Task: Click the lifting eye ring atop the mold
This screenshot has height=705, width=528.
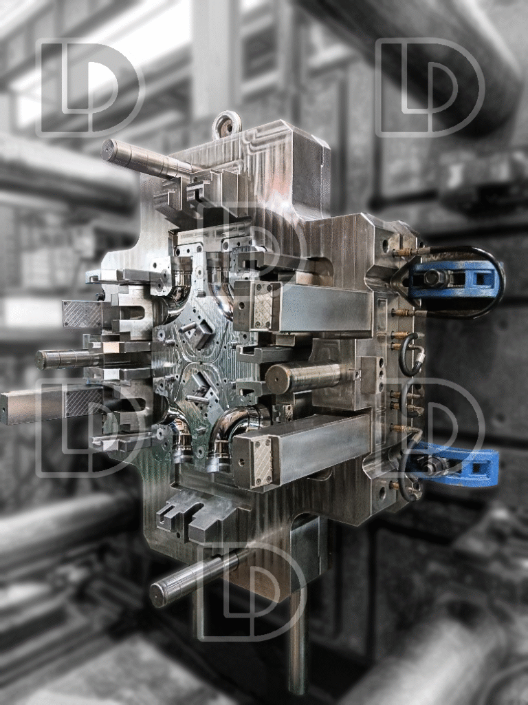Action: point(227,125)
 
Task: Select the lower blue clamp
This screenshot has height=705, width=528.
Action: point(454,464)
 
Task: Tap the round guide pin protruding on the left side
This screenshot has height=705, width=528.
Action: point(67,359)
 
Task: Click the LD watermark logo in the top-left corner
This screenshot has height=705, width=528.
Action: point(90,87)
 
